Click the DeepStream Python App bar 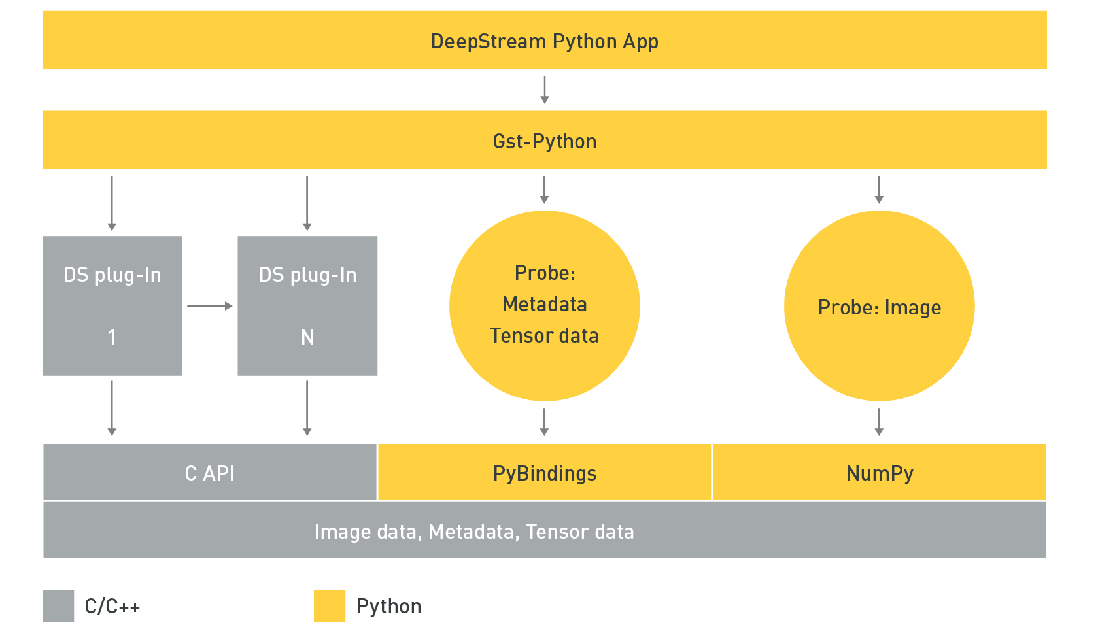544,41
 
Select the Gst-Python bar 544,141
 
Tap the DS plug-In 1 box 112,306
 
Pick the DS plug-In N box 307,306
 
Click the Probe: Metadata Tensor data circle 544,306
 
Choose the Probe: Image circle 879,306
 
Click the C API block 209,473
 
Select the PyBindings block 544,473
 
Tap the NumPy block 879,473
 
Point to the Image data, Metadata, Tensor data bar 544,531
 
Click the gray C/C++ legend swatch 58,606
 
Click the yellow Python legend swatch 330,606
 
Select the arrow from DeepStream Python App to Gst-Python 544,90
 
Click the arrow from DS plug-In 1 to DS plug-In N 209,306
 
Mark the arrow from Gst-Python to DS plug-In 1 112,203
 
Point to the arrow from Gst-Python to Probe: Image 879,190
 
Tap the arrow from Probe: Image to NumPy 879,422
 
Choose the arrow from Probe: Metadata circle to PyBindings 544,422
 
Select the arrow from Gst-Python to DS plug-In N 307,203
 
